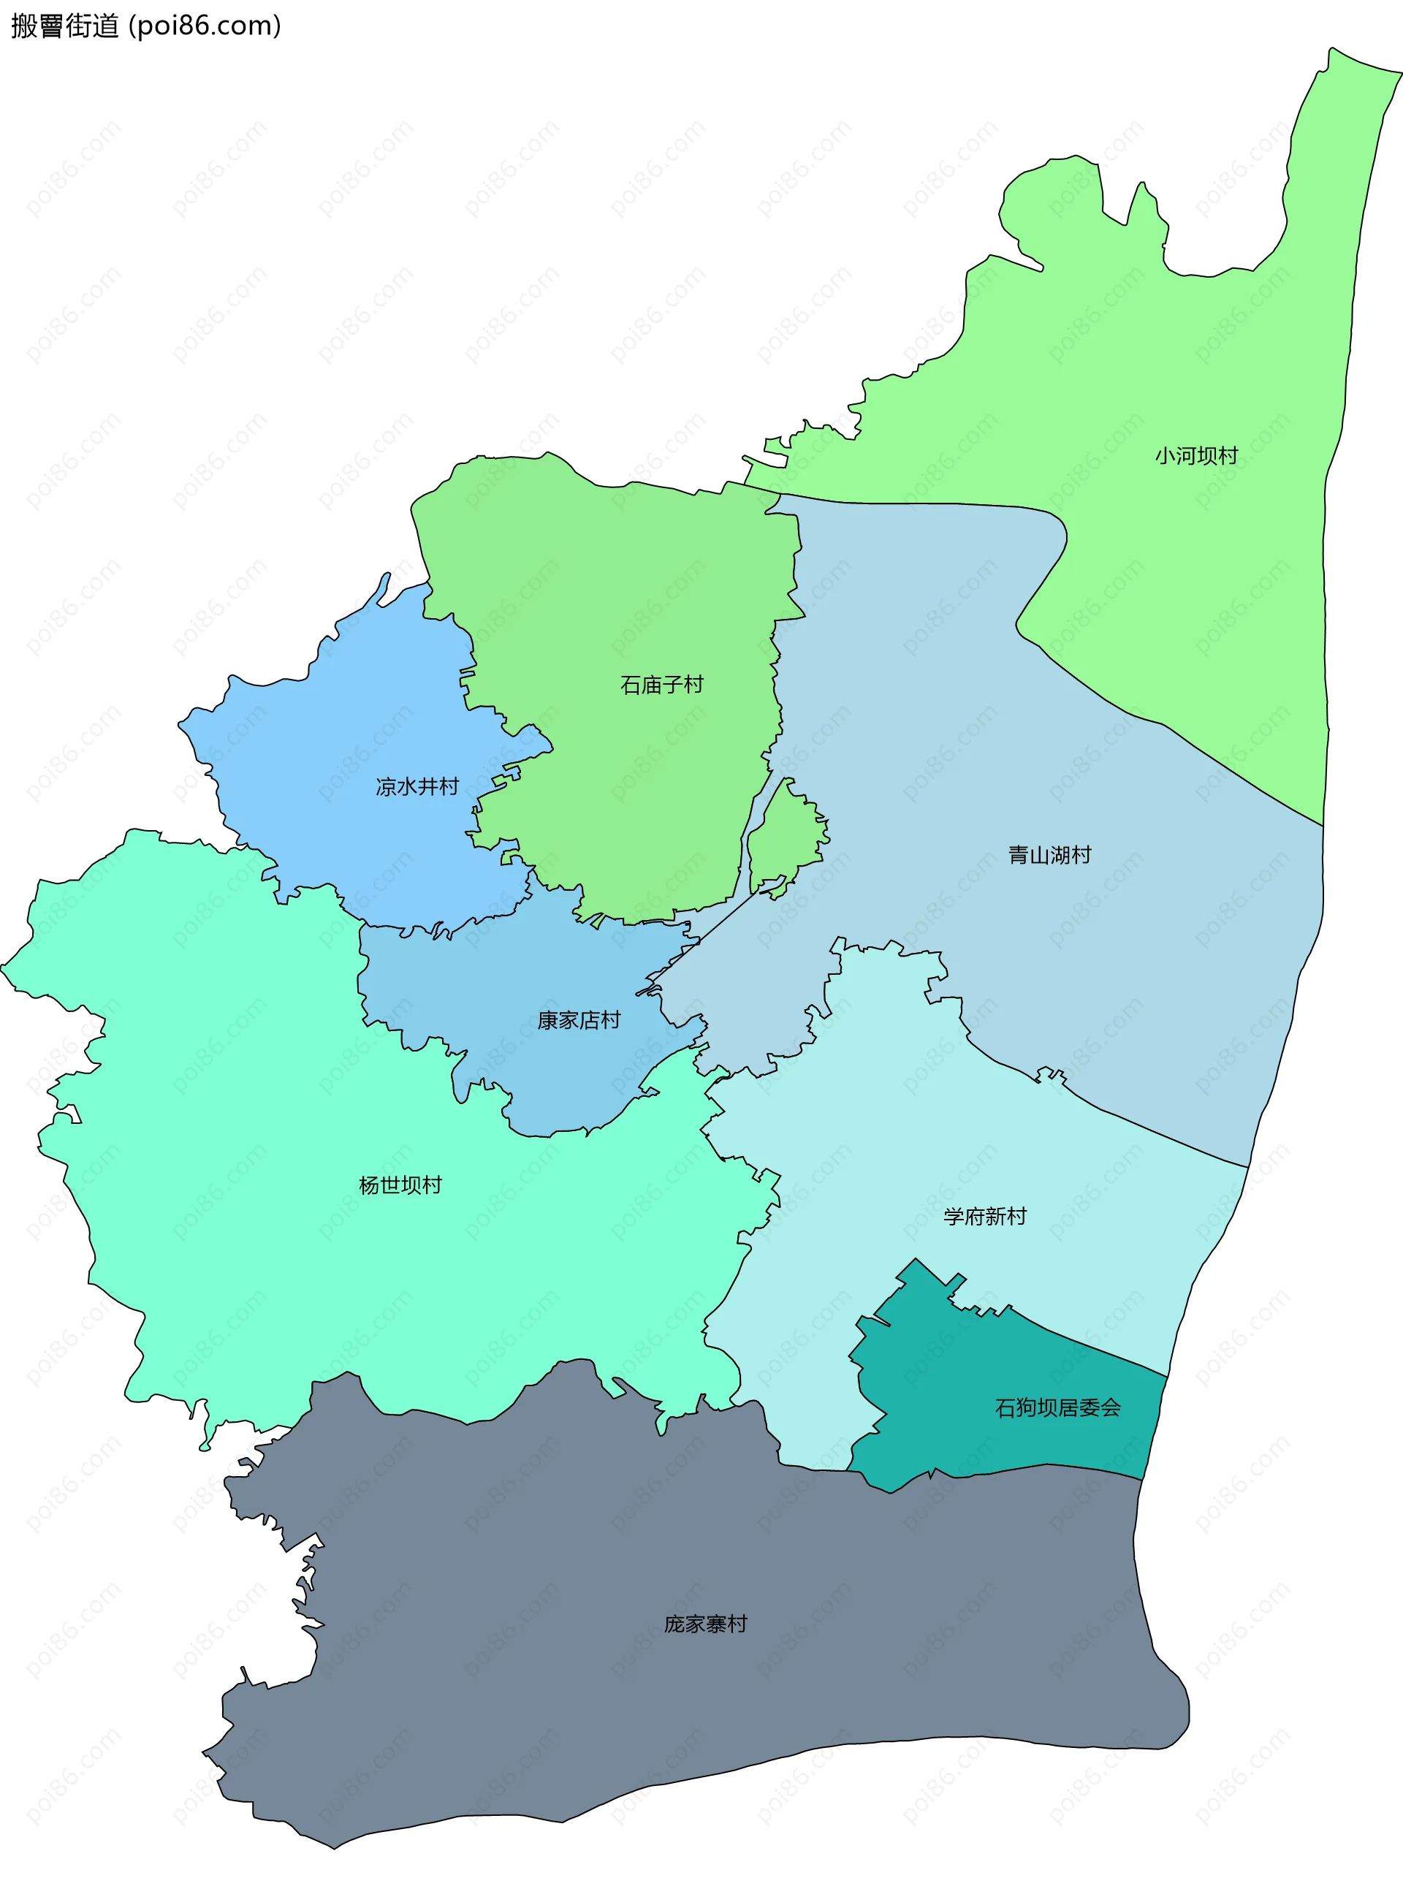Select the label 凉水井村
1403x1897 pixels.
417,786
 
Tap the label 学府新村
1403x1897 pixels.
984,1216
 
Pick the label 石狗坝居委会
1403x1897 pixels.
1057,1407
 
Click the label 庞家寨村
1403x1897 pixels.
705,1624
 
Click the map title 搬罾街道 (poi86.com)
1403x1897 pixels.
145,26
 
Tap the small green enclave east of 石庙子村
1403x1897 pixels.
786,837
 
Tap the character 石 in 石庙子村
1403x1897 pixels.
630,685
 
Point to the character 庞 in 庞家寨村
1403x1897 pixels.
674,1624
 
